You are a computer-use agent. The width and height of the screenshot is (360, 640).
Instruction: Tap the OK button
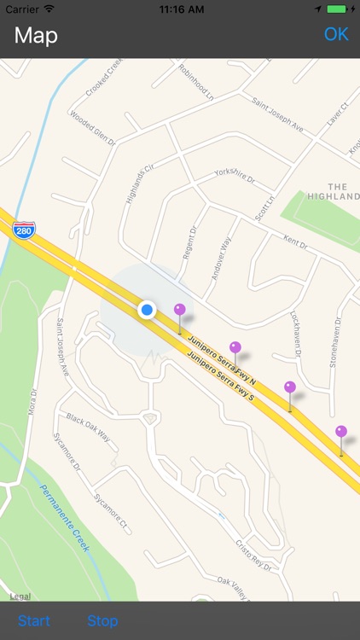point(336,35)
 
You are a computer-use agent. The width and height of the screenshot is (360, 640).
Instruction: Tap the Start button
point(34,620)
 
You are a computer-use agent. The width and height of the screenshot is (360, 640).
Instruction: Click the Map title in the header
point(36,36)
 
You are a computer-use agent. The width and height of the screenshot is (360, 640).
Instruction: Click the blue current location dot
point(147,309)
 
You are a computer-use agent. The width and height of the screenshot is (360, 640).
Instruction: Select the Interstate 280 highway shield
point(24,230)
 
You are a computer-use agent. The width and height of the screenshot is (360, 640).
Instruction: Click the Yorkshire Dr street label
point(235,177)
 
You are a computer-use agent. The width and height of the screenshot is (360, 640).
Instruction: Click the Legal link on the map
point(20,596)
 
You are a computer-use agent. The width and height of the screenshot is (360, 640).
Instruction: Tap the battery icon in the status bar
point(340,9)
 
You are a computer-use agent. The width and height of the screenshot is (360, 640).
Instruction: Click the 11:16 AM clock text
point(180,9)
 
